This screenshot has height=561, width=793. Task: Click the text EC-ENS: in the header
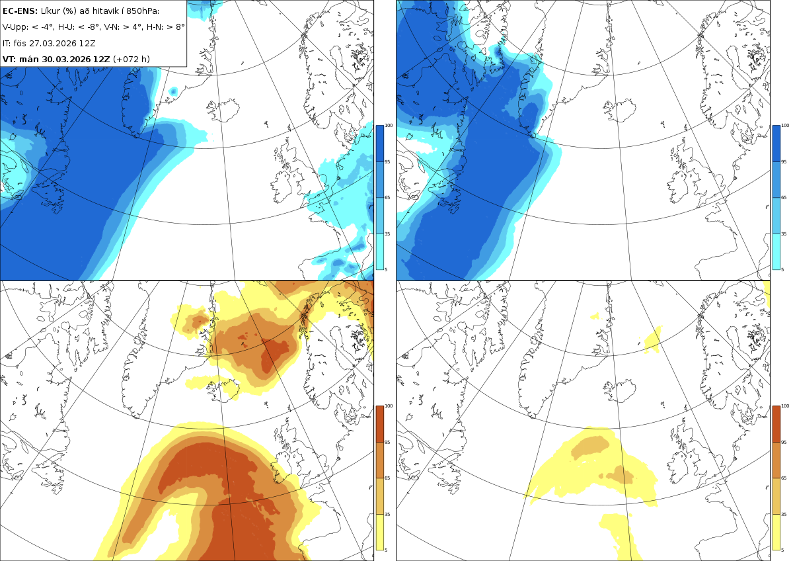(x=20, y=11)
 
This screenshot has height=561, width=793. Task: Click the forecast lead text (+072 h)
(x=132, y=59)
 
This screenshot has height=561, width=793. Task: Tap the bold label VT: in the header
(x=9, y=59)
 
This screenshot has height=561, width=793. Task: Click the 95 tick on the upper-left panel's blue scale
(x=387, y=161)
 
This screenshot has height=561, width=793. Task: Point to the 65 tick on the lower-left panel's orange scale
(x=387, y=478)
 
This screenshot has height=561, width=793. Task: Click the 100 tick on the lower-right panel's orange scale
(x=785, y=406)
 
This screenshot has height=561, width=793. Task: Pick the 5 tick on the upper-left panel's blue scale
(x=386, y=269)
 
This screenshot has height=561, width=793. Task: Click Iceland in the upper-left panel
(x=223, y=110)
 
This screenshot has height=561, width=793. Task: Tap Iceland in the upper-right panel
(x=620, y=110)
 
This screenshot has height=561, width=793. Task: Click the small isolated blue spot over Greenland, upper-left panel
(x=173, y=92)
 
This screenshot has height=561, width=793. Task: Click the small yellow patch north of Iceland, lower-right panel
(x=652, y=340)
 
